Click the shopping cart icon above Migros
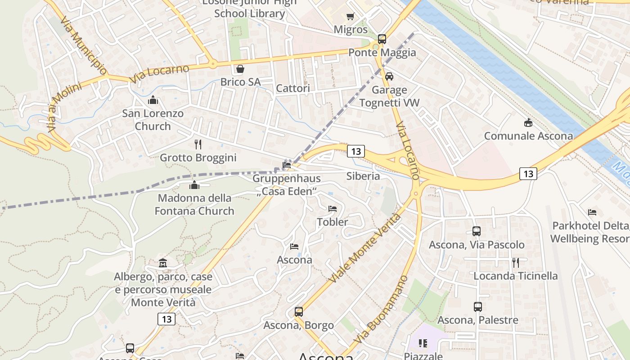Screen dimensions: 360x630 pos(350,17)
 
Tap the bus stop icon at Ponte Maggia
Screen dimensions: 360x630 pos(382,39)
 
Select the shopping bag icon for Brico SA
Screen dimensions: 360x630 pos(240,69)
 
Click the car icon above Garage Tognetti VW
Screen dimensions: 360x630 pos(389,76)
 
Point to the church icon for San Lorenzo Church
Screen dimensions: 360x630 pos(153,100)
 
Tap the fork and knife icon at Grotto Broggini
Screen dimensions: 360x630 pos(198,144)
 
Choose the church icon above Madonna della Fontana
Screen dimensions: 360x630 pos(194,184)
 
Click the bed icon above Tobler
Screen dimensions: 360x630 pos(333,208)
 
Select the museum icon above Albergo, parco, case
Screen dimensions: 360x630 pos(163,263)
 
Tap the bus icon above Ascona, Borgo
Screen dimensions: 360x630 pos(298,311)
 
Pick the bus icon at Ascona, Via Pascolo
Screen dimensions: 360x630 pos(477,231)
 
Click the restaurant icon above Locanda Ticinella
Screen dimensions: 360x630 pos(515,262)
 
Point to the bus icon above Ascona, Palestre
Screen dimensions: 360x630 pos(478,307)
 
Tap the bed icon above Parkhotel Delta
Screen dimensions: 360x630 pos(592,212)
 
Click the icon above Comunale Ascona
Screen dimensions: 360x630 pos(528,122)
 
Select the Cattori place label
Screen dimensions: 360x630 pos(293,88)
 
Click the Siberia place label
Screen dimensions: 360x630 pos(363,176)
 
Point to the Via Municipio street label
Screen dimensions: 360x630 pos(83,46)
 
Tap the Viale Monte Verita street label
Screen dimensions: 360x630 pos(365,248)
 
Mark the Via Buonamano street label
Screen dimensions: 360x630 pos(382,310)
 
